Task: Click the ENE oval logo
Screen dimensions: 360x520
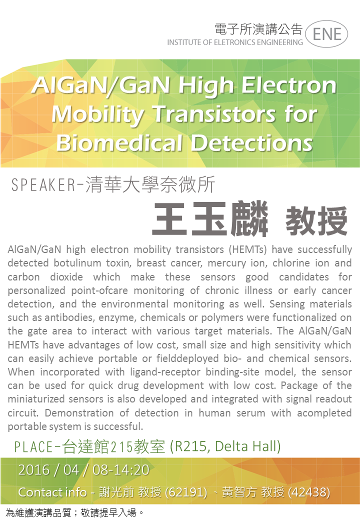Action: [326, 34]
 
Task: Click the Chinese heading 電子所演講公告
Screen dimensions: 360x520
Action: [258, 29]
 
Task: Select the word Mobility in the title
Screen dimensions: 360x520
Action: [98, 114]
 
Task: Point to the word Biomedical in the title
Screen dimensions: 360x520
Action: [119, 143]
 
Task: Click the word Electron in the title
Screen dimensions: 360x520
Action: [288, 85]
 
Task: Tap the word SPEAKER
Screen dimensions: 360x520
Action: [43, 184]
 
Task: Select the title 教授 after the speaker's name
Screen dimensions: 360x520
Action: [316, 220]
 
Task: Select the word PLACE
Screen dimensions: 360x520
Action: [33, 447]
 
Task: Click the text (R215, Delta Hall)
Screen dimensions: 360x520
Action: [225, 446]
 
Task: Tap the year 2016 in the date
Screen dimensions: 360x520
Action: [34, 470]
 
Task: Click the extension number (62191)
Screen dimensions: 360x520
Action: [186, 492]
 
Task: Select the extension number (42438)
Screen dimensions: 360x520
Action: [309, 492]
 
